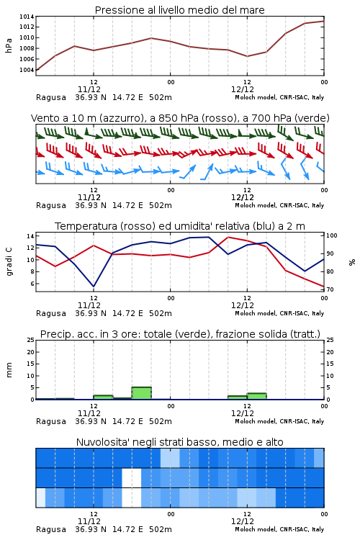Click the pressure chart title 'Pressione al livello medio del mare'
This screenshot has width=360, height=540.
tap(179, 10)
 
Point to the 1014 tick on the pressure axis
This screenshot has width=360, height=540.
tap(27, 17)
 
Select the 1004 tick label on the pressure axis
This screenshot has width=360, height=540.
tap(27, 70)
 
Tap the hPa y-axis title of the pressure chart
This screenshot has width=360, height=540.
tap(9, 45)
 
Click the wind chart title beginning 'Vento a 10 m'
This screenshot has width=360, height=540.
tap(180, 118)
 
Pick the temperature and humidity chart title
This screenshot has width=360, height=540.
tap(180, 226)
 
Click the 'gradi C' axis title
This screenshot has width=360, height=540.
tap(9, 262)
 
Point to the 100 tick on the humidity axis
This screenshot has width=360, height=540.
tap(332, 235)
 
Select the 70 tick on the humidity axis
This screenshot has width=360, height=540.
tap(330, 289)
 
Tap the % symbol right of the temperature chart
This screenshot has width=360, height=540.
tap(352, 262)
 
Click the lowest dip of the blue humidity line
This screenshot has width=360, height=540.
tap(94, 287)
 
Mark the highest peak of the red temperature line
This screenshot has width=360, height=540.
tap(228, 238)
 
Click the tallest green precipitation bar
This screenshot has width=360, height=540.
tap(142, 393)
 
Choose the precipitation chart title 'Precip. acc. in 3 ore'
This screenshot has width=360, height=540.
tap(180, 334)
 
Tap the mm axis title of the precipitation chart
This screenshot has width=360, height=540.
tap(9, 370)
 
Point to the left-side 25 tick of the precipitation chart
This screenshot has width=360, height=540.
tap(31, 340)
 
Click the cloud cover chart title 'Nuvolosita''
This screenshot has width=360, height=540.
tap(179, 442)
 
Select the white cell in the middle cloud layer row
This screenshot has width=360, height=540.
tap(132, 477)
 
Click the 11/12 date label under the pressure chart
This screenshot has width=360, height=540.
tap(89, 89)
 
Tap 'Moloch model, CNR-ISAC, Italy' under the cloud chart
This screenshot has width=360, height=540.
tap(279, 529)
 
